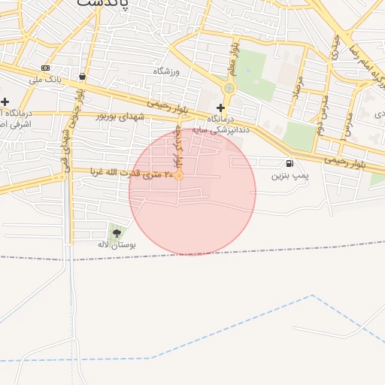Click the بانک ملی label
[x=44, y=78]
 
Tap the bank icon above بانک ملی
[x=45, y=68]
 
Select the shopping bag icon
[x=81, y=76]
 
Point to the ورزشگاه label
[x=168, y=71]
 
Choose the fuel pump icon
[x=290, y=164]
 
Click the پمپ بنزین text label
[x=290, y=175]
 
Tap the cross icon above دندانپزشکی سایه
[x=220, y=108]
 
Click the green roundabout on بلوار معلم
[x=229, y=88]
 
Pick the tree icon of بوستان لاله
[x=116, y=233]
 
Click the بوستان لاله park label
[x=116, y=245]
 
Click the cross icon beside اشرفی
[x=5, y=102]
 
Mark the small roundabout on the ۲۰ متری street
[x=179, y=175]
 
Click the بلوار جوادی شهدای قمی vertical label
[x=71, y=124]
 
